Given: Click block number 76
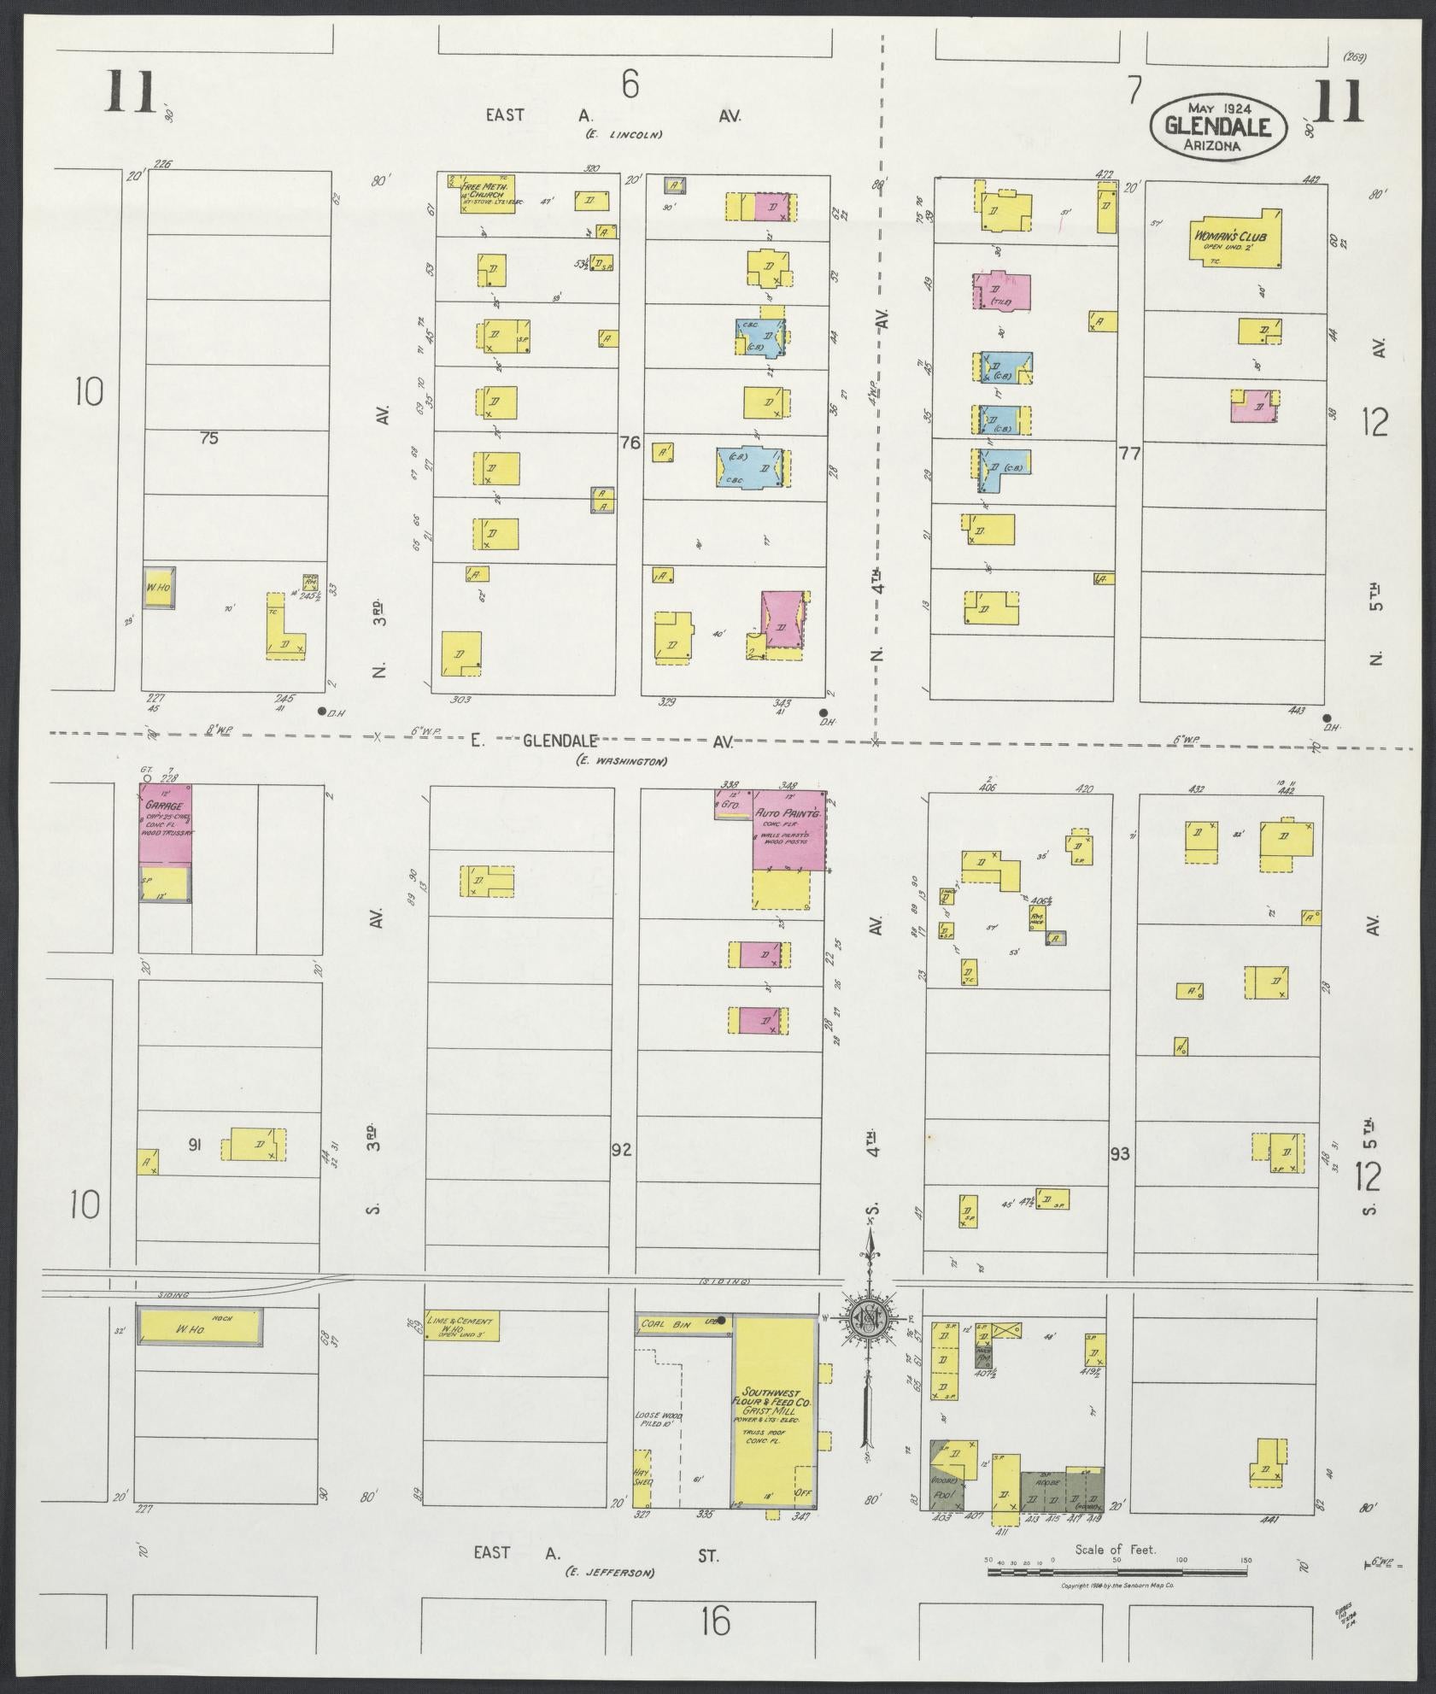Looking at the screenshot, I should tap(630, 443).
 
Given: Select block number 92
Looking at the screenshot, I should tap(621, 1151).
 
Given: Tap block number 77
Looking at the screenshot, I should tap(1129, 454).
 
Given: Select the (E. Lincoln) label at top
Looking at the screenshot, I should tap(624, 135).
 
